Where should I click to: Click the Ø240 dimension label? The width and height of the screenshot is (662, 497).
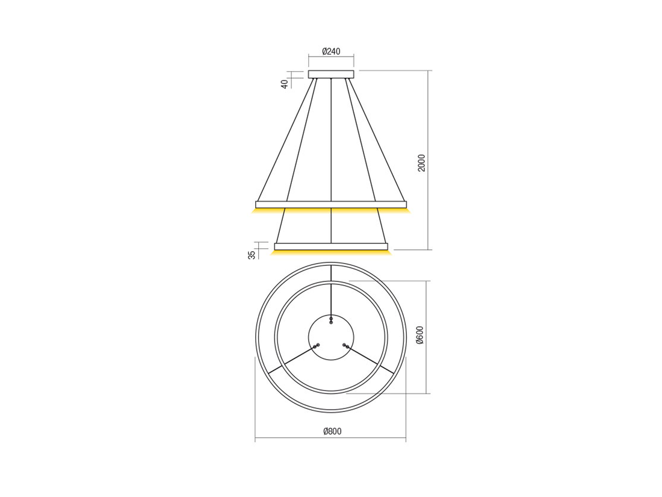click(x=331, y=52)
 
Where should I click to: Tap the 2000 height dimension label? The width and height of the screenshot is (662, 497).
click(x=421, y=163)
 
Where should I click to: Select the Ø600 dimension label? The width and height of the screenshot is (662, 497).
click(x=419, y=336)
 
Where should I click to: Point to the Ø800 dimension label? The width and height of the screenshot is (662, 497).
click(x=332, y=431)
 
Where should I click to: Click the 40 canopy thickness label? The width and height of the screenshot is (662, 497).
click(x=285, y=84)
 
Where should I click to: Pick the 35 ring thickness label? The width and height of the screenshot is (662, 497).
click(x=252, y=254)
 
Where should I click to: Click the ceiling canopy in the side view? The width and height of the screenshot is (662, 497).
click(x=331, y=74)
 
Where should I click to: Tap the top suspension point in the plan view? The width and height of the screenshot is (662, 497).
click(x=331, y=319)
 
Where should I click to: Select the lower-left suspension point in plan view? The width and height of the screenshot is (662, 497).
click(x=316, y=346)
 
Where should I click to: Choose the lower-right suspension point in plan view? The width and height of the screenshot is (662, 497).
click(x=346, y=346)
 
